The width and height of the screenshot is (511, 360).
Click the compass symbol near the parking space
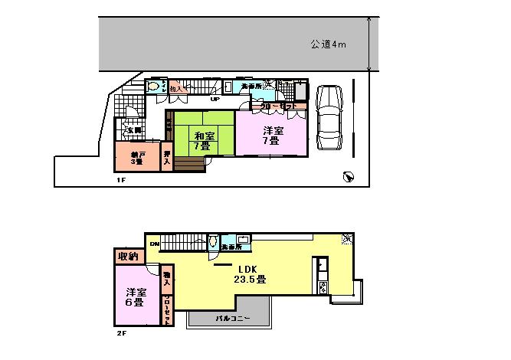click(x=349, y=177)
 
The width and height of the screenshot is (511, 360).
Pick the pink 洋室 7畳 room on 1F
click(x=273, y=135)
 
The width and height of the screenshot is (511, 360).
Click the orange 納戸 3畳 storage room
click(x=137, y=158)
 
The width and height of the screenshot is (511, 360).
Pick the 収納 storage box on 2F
click(x=127, y=256)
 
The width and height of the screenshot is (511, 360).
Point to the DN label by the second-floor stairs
click(x=154, y=244)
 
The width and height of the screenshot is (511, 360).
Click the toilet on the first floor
click(x=156, y=87)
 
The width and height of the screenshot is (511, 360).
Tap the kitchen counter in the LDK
click(x=322, y=277)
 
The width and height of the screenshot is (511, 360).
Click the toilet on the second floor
click(x=212, y=243)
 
